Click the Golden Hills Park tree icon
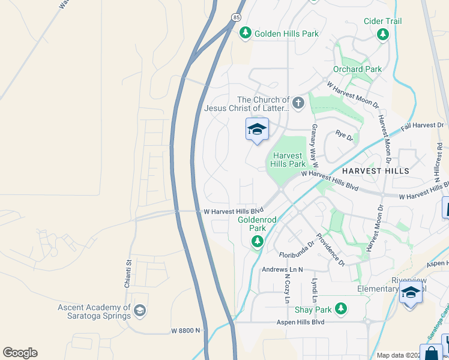pyautogui.click(x=245, y=34)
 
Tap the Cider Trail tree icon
pyautogui.click(x=383, y=34)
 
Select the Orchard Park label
pyautogui.click(x=357, y=69)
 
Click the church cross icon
pyautogui.click(x=298, y=104)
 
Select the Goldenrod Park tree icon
pyautogui.click(x=258, y=241)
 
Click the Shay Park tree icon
pyautogui.click(x=341, y=309)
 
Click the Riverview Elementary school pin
pyautogui.click(x=411, y=293)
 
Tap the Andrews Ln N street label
pyautogui.click(x=282, y=270)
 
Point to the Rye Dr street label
pyautogui.click(x=345, y=136)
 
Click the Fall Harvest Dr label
pyautogui.click(x=423, y=127)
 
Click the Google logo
pyautogui.click(x=20, y=353)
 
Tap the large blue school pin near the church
pyautogui.click(x=257, y=130)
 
